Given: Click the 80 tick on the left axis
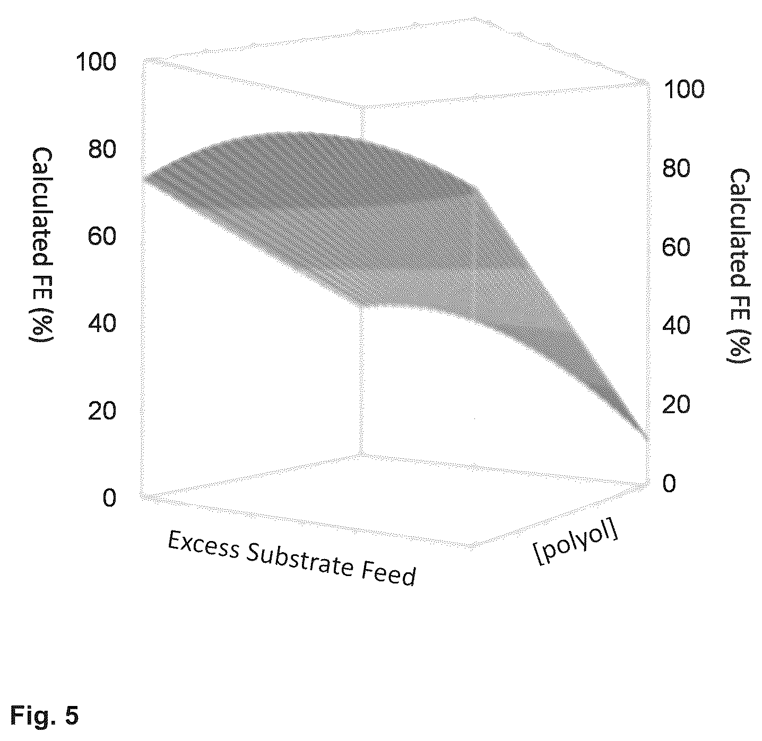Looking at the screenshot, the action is pyautogui.click(x=102, y=149).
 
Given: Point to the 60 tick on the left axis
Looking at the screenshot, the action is pyautogui.click(x=102, y=236).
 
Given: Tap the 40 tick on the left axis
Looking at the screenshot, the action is pyautogui.click(x=102, y=324).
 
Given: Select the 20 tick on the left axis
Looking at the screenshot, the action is pyautogui.click(x=102, y=411).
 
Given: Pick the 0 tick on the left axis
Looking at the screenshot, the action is pyautogui.click(x=110, y=498).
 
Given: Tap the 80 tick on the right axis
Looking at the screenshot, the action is pyautogui.click(x=676, y=168).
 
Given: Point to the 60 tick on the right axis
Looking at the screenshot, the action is pyautogui.click(x=676, y=247).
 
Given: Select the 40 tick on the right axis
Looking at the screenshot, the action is pyautogui.click(x=676, y=326).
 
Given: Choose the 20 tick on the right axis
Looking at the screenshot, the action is pyautogui.click(x=676, y=404).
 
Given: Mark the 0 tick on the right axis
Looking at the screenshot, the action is pyautogui.click(x=669, y=483).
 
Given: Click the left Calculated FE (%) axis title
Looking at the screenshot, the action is pyautogui.click(x=41, y=245).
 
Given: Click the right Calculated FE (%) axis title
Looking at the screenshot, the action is pyautogui.click(x=739, y=266).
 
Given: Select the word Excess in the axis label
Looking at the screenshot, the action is pyautogui.click(x=204, y=544).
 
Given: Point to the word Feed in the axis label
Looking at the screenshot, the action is pyautogui.click(x=388, y=573).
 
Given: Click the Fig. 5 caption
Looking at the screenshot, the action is pyautogui.click(x=44, y=716).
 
